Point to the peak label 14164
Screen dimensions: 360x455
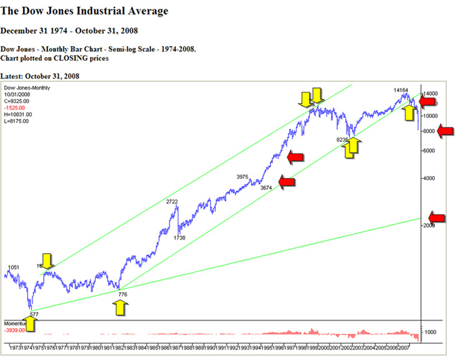[x=401, y=90]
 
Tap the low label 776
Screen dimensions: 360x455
[x=122, y=294]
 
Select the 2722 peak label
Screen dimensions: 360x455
[x=173, y=202]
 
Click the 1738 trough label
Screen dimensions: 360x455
[x=179, y=238]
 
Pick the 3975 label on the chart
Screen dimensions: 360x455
[x=243, y=177]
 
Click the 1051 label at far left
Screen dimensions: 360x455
[x=13, y=267]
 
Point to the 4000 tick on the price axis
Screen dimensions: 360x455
[x=429, y=178]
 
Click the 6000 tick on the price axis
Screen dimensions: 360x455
[x=429, y=150]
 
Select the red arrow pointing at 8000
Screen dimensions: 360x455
[x=447, y=130]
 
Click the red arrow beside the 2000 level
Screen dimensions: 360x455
[x=438, y=218]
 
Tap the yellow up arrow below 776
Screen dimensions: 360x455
[x=122, y=307]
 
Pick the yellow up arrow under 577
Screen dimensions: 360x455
[x=29, y=323]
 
